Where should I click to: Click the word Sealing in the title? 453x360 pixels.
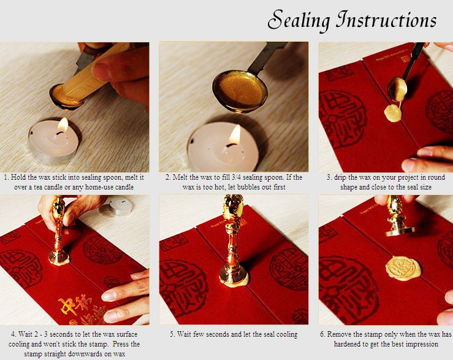pyautogui.click(x=299, y=20)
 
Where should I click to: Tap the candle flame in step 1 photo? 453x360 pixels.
pyautogui.click(x=63, y=124)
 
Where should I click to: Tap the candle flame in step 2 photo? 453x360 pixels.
pyautogui.click(x=235, y=135)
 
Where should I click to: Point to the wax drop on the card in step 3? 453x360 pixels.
pyautogui.click(x=393, y=113)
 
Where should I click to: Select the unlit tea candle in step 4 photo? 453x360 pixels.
pyautogui.click(x=116, y=207)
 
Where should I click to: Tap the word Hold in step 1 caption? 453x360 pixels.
pyautogui.click(x=18, y=177)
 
